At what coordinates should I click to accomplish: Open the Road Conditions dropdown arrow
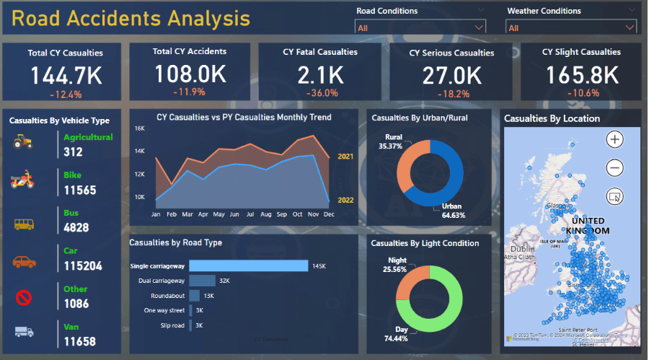[x=479, y=27]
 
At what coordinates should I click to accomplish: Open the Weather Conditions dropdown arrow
[x=630, y=27]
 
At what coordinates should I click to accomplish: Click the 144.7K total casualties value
[x=66, y=75]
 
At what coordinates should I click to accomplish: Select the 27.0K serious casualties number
[x=451, y=75]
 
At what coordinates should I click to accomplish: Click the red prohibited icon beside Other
[x=22, y=297]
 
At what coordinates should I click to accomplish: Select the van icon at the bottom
[x=22, y=331]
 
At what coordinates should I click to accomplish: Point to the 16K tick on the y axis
[x=139, y=128]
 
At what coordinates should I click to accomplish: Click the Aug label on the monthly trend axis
[x=266, y=214]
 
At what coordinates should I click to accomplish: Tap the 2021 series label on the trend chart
[x=346, y=156]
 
